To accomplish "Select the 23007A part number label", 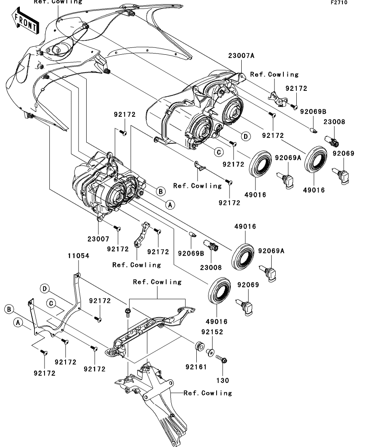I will [241, 56].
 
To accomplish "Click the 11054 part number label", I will [78, 256].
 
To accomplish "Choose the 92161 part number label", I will [196, 367].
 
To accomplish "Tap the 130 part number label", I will [223, 381].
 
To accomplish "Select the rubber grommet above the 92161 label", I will [199, 347].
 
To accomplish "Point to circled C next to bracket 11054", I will [51, 303].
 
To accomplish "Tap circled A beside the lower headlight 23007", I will [170, 205].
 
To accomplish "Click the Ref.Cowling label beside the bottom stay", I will [208, 393].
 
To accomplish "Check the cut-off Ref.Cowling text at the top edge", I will [57, 2].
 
